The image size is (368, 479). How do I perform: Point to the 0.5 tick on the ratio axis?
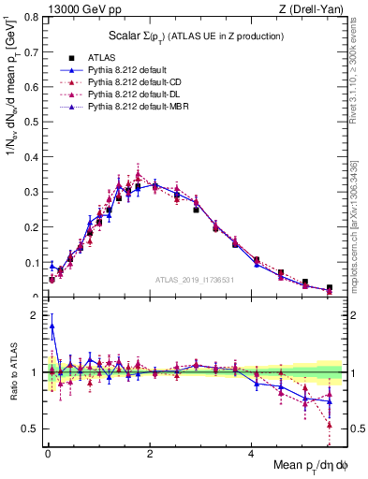[x=30, y=428]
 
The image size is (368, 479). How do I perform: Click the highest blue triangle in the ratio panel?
[x=52, y=327]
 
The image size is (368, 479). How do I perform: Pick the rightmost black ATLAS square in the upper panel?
[x=329, y=287]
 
